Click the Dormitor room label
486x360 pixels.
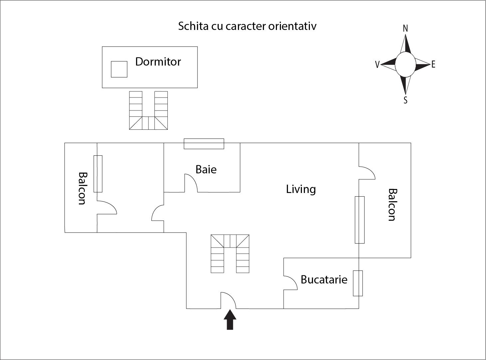(x=158, y=62)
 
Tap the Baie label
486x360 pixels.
(x=206, y=169)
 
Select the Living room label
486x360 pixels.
(x=301, y=189)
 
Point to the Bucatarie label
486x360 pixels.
(x=324, y=279)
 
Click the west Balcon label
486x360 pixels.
(x=82, y=188)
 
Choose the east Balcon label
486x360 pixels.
(x=393, y=205)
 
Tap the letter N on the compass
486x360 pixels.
(x=405, y=29)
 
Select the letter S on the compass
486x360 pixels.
(x=405, y=100)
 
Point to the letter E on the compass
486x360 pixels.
(x=433, y=65)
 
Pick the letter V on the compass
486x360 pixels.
(x=377, y=65)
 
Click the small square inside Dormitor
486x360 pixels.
(x=119, y=69)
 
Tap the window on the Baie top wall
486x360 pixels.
(x=204, y=144)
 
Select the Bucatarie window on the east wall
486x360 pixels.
(x=358, y=283)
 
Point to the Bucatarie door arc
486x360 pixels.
(x=290, y=282)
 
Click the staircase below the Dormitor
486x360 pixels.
(x=148, y=110)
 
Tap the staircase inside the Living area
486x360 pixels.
(x=230, y=254)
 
